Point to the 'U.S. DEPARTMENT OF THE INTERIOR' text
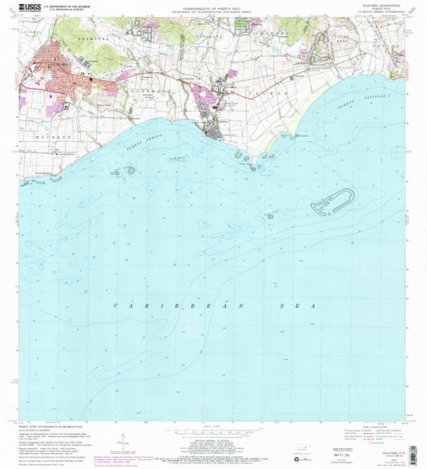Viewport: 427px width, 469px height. pos(70,6)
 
